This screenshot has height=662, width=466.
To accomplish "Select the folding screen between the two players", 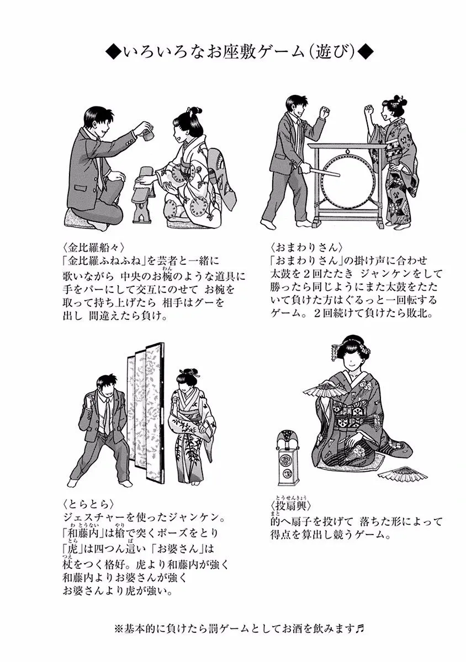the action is coord(145,414).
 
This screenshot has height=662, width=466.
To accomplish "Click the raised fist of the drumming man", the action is coord(325,111).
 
